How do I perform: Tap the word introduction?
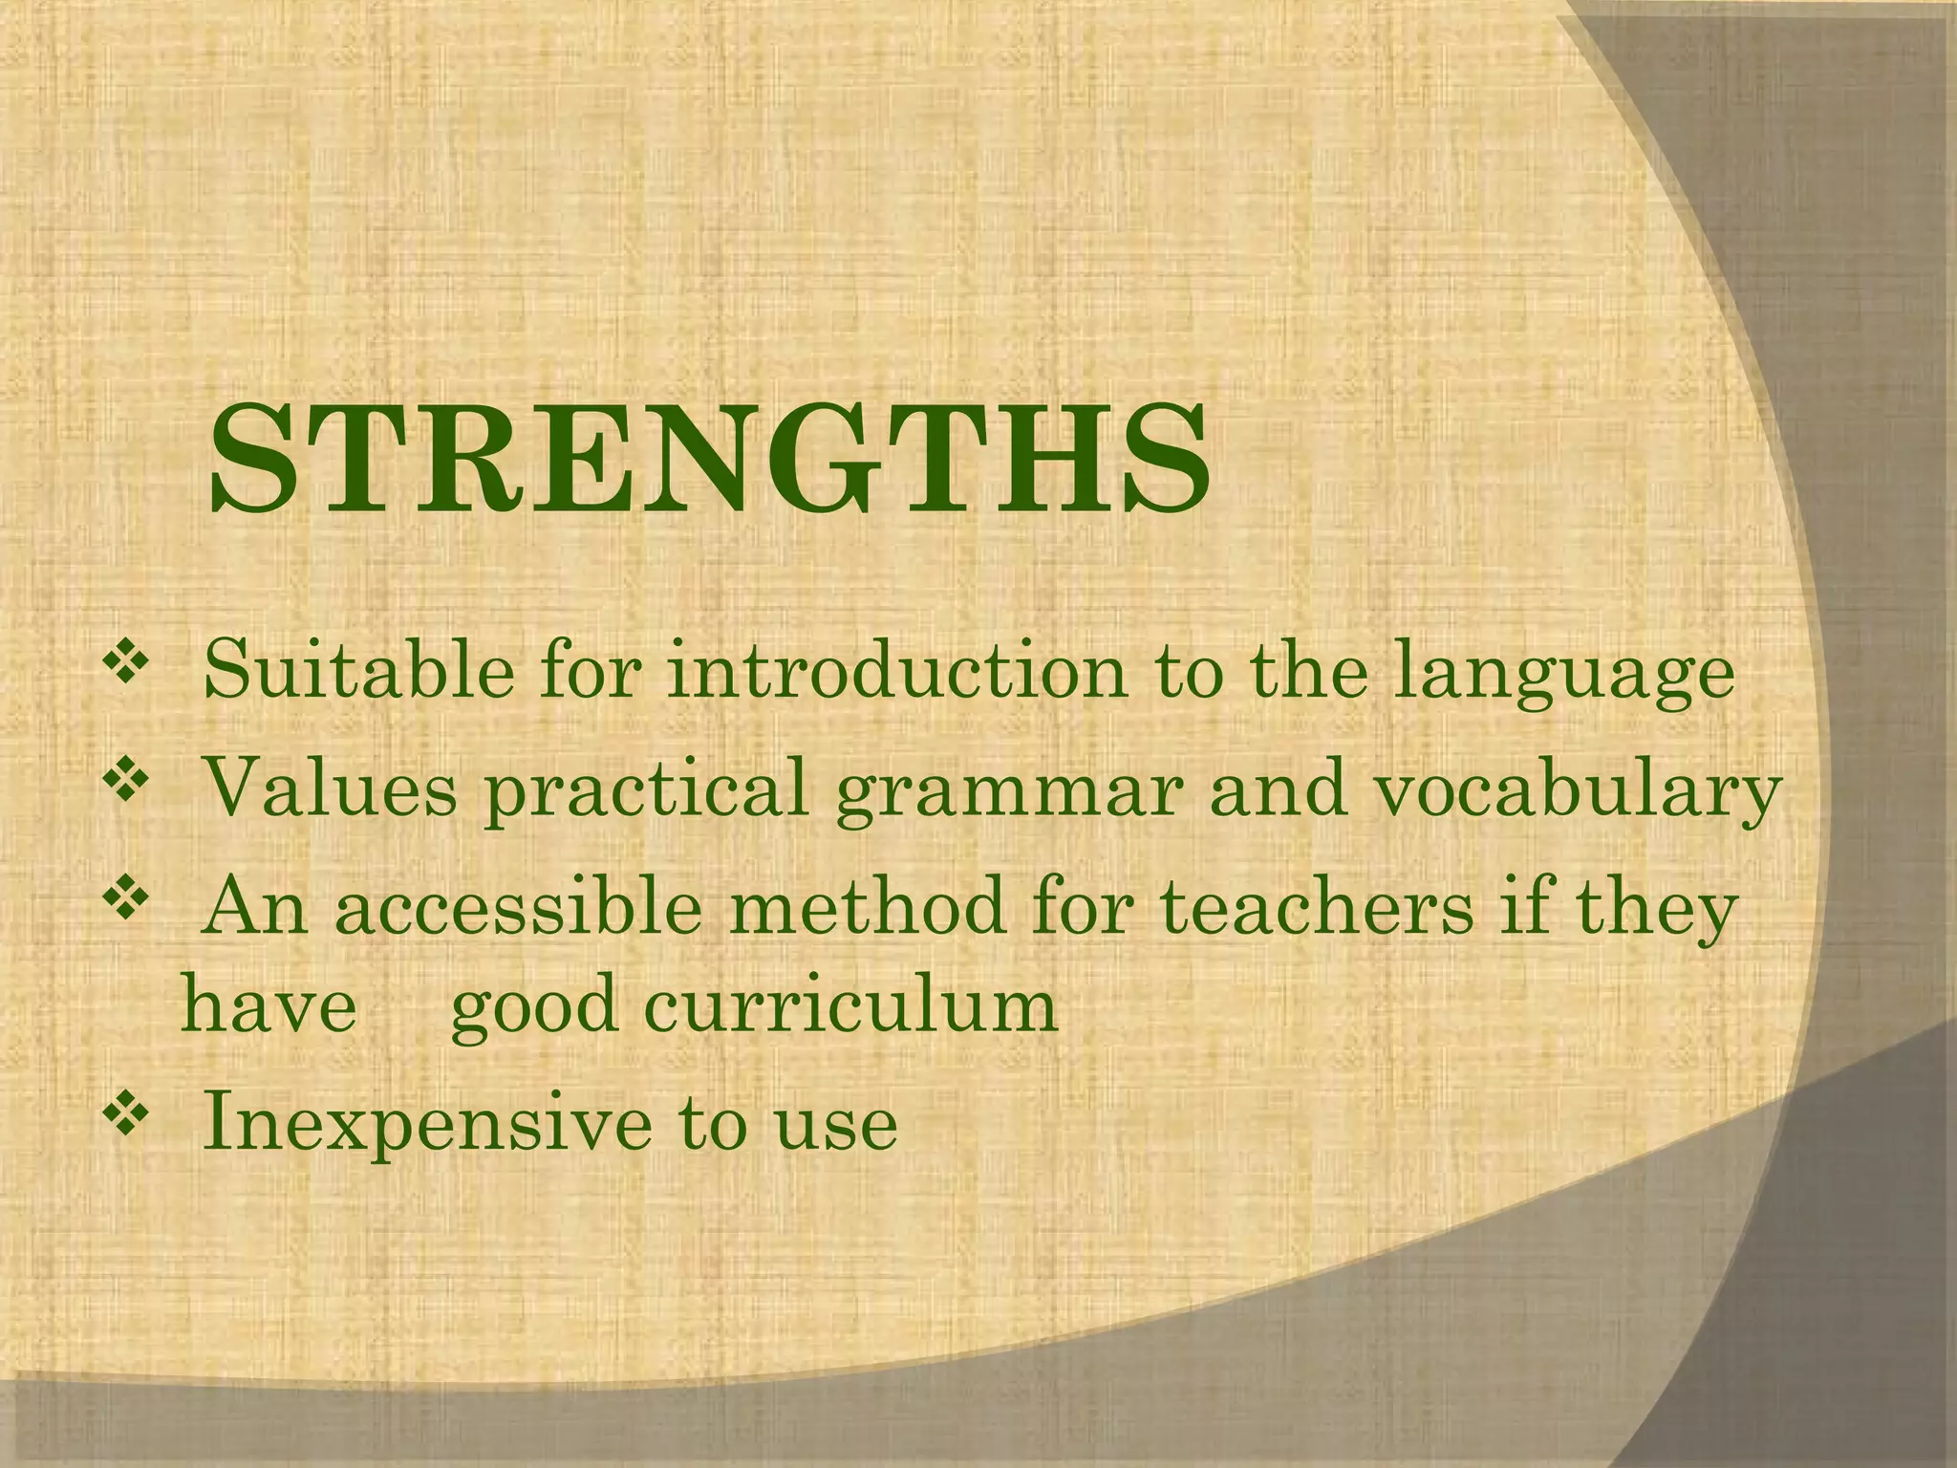(x=897, y=671)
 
